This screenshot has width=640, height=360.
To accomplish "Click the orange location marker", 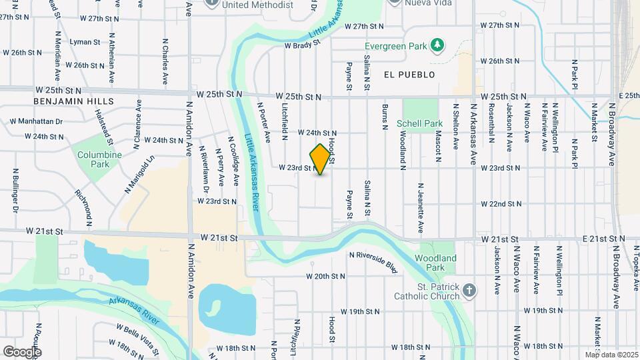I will pyautogui.click(x=321, y=159).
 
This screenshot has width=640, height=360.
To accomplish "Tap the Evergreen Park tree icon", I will pyautogui.click(x=437, y=45).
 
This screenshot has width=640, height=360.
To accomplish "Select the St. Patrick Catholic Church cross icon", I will pyautogui.click(x=470, y=290).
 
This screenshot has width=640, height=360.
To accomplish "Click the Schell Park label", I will pyautogui.click(x=419, y=123).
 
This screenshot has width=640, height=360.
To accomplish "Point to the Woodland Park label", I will pyautogui.click(x=435, y=263).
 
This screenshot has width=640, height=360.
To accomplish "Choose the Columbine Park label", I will pyautogui.click(x=100, y=159).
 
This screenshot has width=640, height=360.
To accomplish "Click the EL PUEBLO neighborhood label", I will pyautogui.click(x=409, y=75).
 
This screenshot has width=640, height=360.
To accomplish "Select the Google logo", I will pyautogui.click(x=22, y=351).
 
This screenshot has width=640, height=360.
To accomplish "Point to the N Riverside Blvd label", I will pyautogui.click(x=373, y=261).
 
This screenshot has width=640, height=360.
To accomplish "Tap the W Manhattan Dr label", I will pyautogui.click(x=36, y=122).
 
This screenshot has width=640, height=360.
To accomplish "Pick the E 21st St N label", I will pyautogui.click(x=603, y=238).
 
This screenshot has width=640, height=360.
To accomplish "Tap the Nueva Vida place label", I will pyautogui.click(x=427, y=3).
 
